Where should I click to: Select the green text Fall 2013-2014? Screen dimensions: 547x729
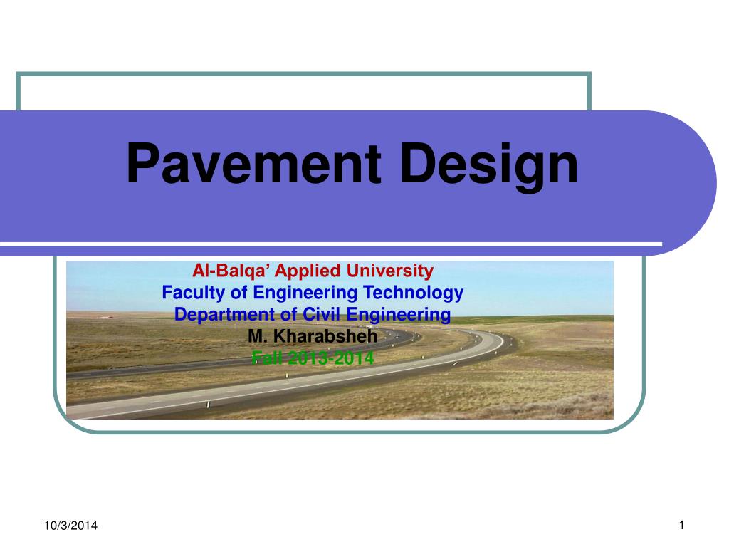(x=313, y=358)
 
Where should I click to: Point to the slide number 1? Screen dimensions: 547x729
(x=681, y=526)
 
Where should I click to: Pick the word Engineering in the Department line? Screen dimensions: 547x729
(x=390, y=315)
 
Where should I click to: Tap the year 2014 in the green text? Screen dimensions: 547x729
(x=355, y=358)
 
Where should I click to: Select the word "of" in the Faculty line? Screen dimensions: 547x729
(x=229, y=292)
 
